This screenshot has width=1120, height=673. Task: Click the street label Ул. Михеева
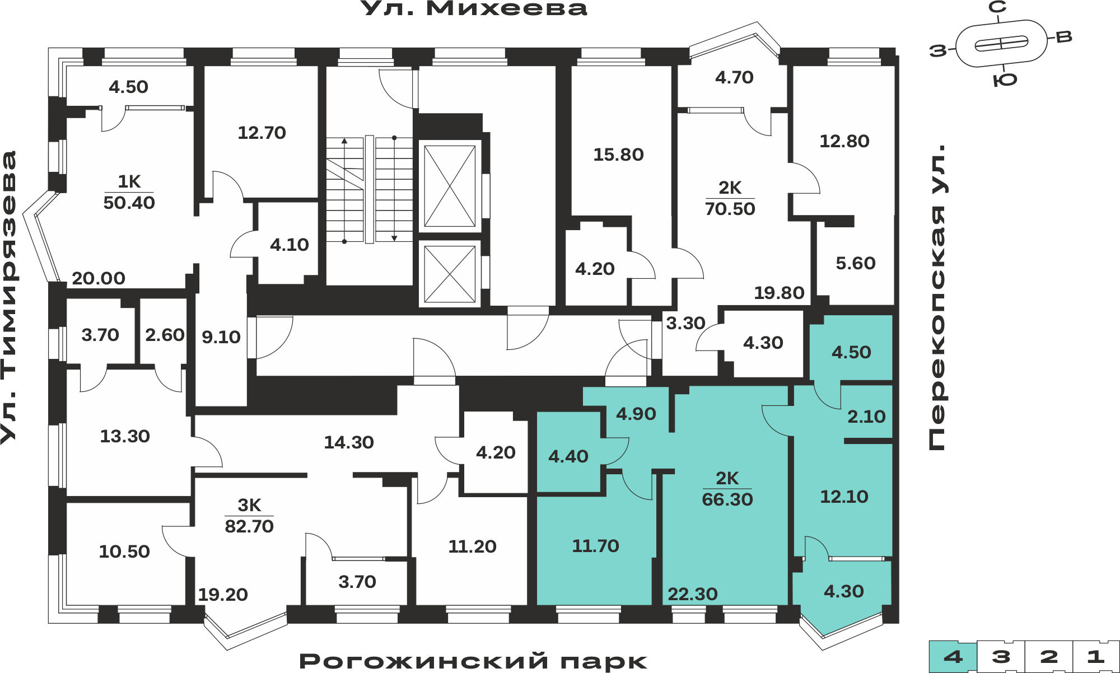point(474,9)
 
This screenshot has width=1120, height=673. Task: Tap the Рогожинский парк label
point(473,661)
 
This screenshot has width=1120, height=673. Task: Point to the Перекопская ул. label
point(937,297)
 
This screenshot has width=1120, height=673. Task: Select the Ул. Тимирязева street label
point(10,297)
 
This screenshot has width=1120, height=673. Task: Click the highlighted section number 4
point(953,657)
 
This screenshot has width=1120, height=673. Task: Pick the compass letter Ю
point(1005,80)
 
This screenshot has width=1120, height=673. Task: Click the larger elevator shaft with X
point(450,186)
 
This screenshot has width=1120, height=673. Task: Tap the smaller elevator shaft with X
point(450,274)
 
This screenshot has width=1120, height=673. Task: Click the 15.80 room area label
point(618,155)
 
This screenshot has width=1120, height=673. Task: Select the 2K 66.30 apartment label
point(727,489)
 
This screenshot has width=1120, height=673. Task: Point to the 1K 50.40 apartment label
point(129,192)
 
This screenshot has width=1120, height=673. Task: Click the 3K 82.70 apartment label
point(249,516)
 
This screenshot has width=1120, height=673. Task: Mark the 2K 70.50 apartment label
point(730,198)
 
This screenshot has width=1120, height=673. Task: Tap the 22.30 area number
point(693,594)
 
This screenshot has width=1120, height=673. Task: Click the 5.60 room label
point(856,263)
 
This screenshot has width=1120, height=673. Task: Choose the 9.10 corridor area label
point(221,337)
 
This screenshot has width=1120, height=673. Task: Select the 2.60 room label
point(165,335)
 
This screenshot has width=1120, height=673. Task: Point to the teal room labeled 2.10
point(866,417)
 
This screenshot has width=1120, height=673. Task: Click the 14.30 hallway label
point(349,442)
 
